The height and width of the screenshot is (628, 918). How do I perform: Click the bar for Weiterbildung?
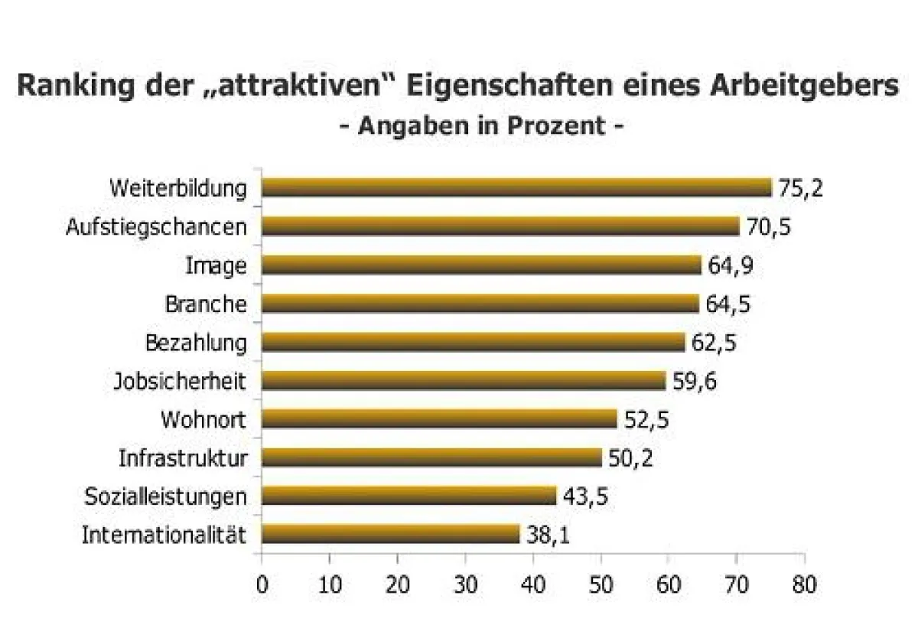click(517, 188)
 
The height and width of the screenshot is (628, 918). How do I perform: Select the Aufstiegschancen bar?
click(501, 226)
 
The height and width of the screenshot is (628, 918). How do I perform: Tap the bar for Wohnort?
click(439, 419)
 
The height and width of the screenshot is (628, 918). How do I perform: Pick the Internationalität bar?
click(390, 534)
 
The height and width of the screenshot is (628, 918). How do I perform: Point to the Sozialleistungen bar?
click(409, 496)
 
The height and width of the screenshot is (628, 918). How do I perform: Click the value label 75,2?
click(800, 188)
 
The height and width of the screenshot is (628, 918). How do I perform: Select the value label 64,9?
click(731, 265)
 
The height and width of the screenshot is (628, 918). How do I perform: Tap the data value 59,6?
click(695, 380)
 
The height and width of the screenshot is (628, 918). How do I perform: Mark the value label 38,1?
click(548, 534)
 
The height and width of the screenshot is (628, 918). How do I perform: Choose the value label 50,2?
click(631, 457)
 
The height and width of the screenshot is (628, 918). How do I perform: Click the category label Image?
click(216, 266)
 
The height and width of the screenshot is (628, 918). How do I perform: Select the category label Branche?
click(206, 304)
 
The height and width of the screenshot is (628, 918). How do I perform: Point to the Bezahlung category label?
click(196, 343)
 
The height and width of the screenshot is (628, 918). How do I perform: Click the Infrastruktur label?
click(183, 458)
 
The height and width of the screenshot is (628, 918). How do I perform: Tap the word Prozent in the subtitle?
click(558, 125)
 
